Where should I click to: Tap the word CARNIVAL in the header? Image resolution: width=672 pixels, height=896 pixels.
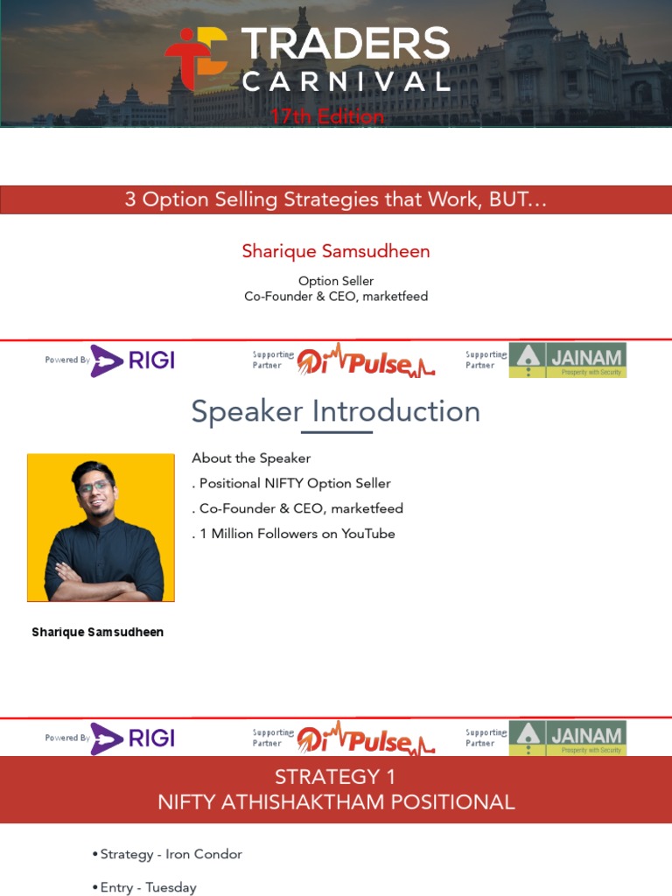345,82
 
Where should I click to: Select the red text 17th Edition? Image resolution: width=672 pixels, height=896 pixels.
326,116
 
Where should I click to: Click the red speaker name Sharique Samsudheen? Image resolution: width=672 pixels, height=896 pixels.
336,252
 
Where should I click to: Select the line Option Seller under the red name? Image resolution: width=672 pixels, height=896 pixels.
336,281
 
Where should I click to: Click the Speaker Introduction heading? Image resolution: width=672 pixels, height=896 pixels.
336,411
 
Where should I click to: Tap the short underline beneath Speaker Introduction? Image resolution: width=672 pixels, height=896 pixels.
336,432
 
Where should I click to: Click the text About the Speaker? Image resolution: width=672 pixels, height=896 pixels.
251,458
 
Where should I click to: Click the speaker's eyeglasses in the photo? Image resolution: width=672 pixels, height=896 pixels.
94,487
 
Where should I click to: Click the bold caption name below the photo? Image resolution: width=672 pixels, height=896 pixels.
97,632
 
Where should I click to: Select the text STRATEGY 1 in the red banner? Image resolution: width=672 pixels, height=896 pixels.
336,777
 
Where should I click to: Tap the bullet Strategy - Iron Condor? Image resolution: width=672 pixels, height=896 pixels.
171,854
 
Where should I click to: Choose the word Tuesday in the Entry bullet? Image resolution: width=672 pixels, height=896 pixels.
171,887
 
